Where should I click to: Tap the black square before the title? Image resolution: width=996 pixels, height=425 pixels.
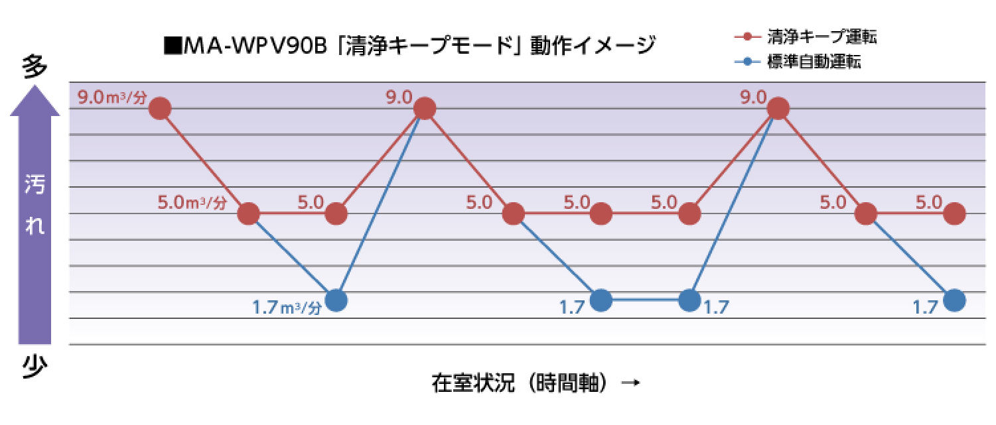pyautogui.click(x=174, y=47)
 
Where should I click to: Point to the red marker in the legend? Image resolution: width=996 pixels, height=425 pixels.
pyautogui.click(x=747, y=36)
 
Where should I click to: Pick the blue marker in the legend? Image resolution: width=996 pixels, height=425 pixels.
pyautogui.click(x=747, y=62)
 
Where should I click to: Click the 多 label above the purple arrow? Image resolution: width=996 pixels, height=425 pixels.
pyautogui.click(x=35, y=68)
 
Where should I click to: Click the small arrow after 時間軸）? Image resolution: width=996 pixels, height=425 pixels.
pyautogui.click(x=632, y=383)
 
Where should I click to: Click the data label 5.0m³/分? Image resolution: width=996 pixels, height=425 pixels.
pyautogui.click(x=192, y=202)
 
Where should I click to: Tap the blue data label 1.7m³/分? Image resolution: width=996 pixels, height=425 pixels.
pyautogui.click(x=287, y=308)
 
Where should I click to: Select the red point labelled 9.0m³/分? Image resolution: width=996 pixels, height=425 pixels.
pyautogui.click(x=160, y=108)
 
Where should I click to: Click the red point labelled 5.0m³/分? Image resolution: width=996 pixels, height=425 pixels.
pyautogui.click(x=248, y=213)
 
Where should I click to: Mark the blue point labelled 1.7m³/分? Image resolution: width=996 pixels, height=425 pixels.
pyautogui.click(x=336, y=300)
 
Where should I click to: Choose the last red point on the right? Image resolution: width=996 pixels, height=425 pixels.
pyautogui.click(x=954, y=213)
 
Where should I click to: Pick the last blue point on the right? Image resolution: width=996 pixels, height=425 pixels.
pyautogui.click(x=954, y=300)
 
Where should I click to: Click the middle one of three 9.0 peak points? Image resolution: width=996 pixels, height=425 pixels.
pyautogui.click(x=425, y=108)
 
